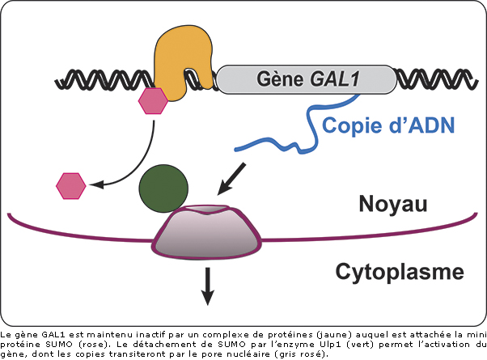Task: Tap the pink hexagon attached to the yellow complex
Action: (x=153, y=101)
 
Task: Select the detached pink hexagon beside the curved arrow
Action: (x=70, y=185)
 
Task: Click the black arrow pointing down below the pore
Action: (x=208, y=286)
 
